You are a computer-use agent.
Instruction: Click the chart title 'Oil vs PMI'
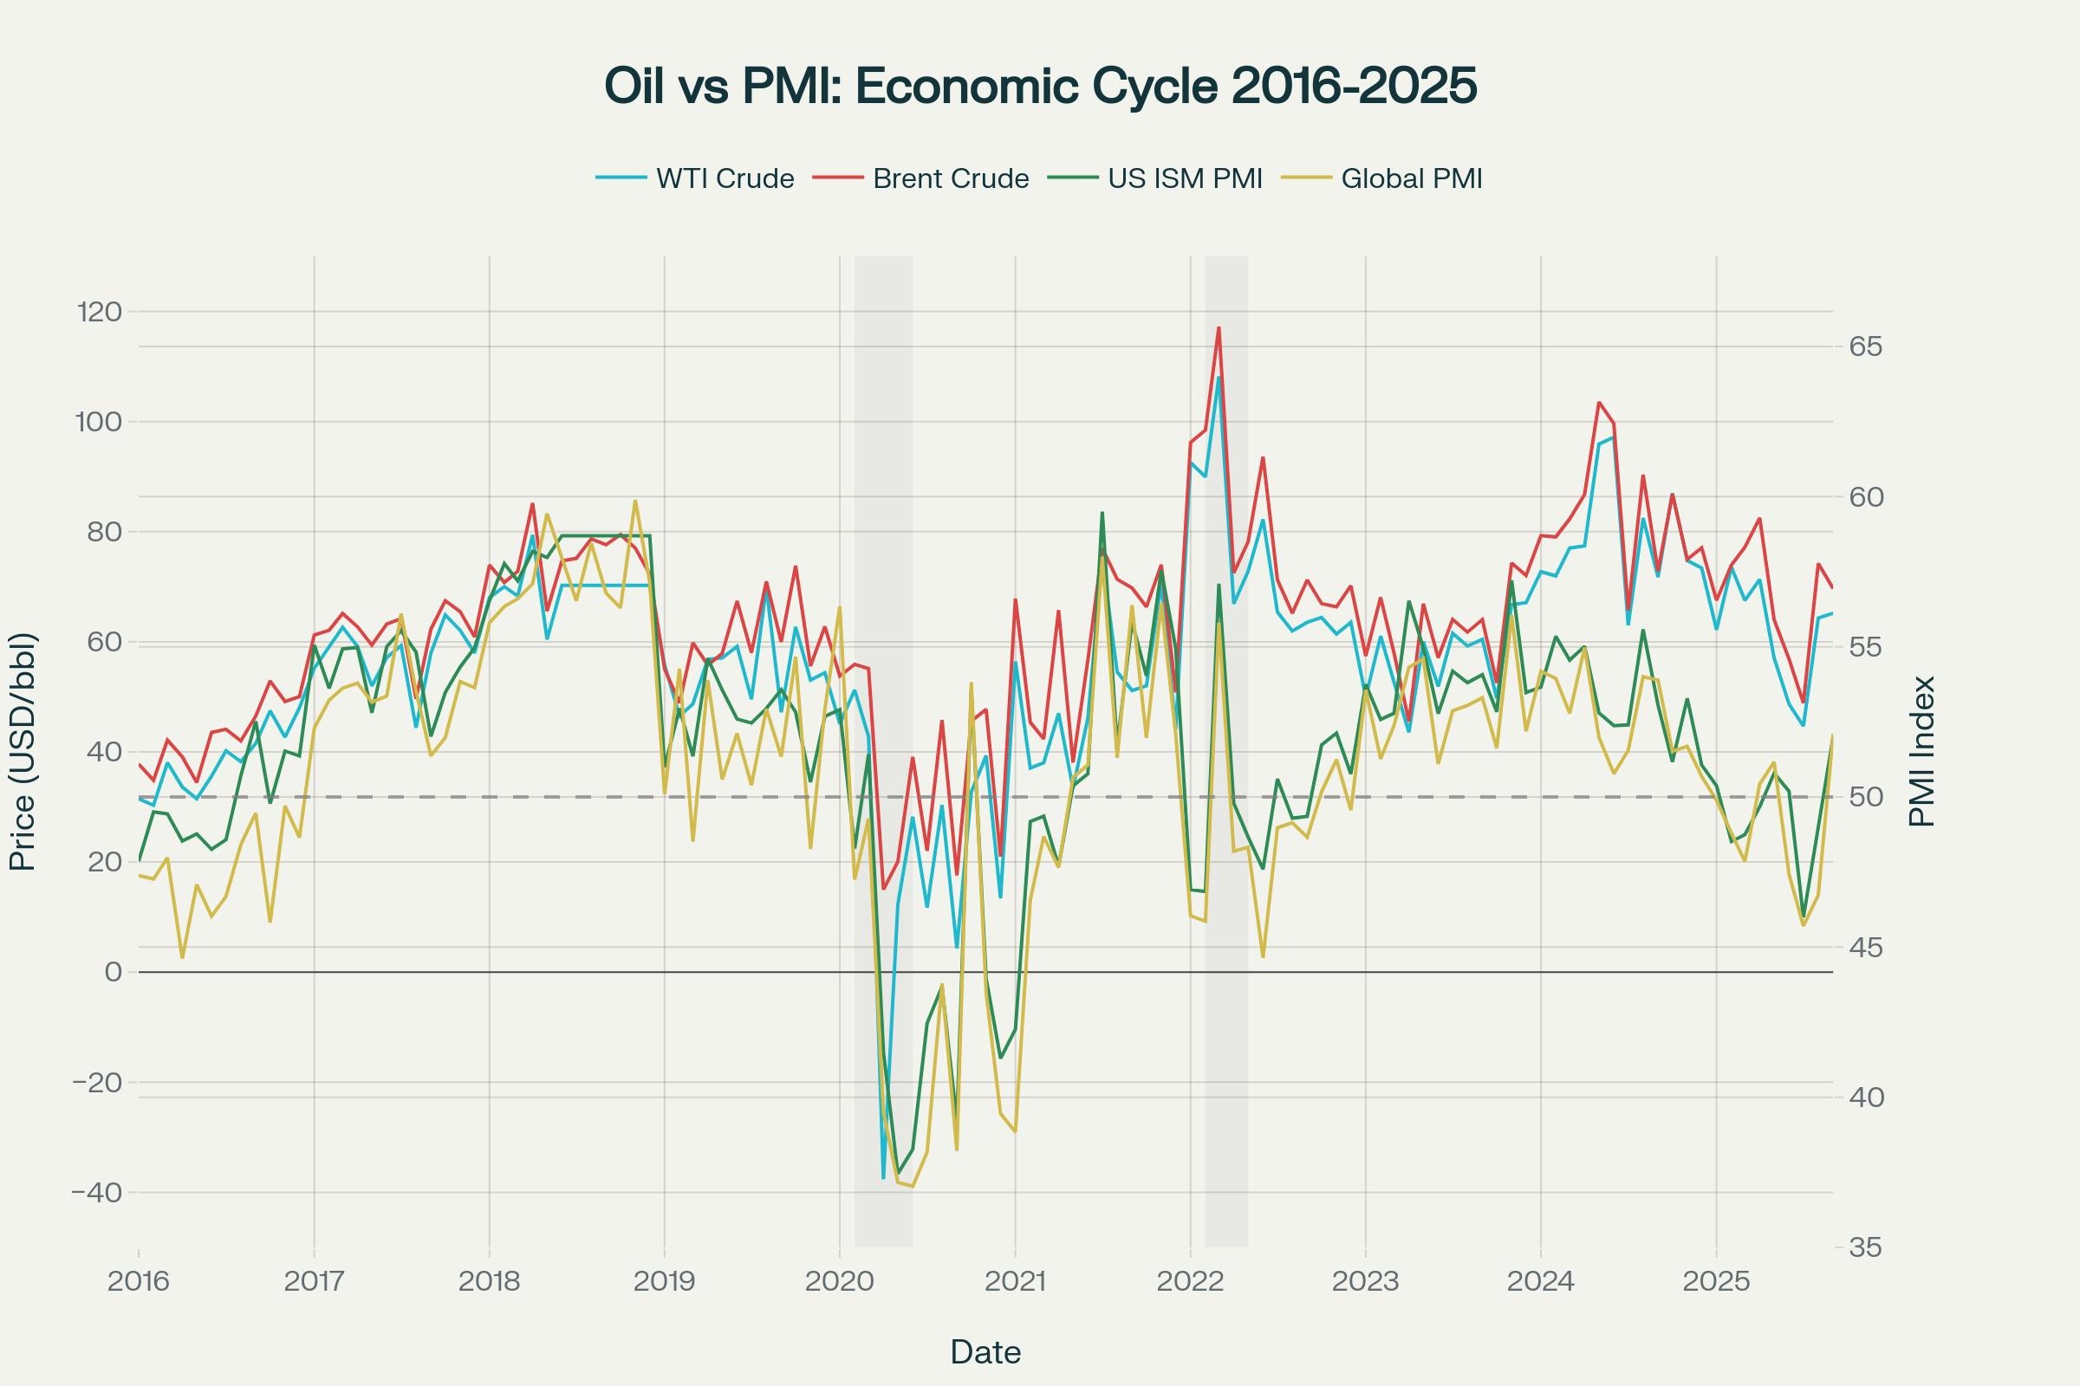[x=1040, y=87]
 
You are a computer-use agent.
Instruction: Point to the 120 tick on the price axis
[x=99, y=312]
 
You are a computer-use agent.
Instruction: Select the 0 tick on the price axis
[x=113, y=972]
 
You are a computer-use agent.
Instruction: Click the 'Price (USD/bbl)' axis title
[x=23, y=751]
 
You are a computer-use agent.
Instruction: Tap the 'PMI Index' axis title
[x=1921, y=751]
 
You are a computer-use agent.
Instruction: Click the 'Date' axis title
[x=985, y=1352]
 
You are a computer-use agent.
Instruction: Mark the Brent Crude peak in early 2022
[x=1219, y=328]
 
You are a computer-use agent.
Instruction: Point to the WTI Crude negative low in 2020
[x=883, y=1178]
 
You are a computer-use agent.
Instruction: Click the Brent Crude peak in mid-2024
[x=1599, y=402]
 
